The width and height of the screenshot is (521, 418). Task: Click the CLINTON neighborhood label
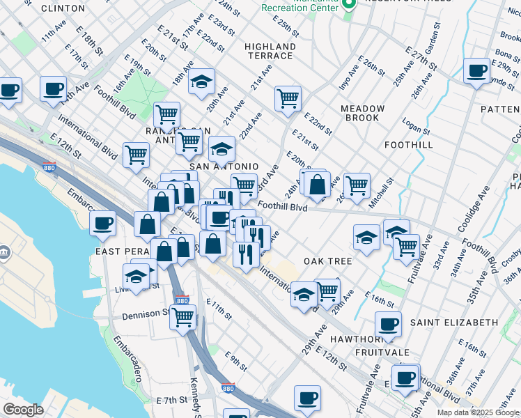click(63, 8)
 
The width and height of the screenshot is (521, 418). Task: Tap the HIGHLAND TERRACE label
click(270, 51)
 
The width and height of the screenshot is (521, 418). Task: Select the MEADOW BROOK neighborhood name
click(362, 114)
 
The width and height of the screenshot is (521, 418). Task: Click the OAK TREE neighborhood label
click(327, 261)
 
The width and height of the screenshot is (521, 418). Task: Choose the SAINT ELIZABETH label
click(453, 323)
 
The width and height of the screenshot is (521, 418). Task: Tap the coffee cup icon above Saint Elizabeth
click(387, 323)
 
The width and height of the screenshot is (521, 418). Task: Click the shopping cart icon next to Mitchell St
click(357, 185)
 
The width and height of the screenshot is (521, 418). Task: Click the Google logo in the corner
click(23, 409)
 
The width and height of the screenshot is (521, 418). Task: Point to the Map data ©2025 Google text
click(478, 412)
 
